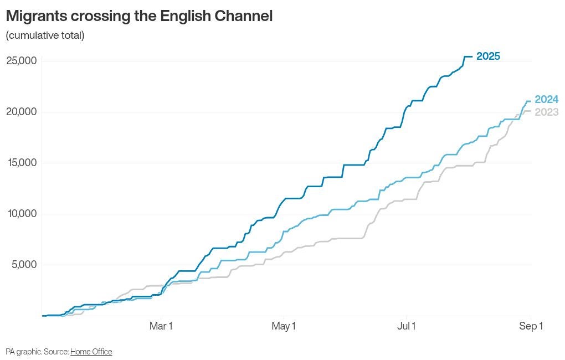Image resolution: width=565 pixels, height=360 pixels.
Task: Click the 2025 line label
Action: [488, 56]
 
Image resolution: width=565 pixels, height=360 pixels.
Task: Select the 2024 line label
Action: [546, 100]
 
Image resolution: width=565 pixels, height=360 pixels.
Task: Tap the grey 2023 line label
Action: [546, 112]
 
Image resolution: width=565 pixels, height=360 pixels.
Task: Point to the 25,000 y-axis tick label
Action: [22, 60]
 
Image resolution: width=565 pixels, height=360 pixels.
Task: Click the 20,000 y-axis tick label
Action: [22, 112]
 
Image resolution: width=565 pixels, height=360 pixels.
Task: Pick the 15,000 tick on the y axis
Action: [22, 162]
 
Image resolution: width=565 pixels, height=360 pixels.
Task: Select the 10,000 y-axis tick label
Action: [22, 214]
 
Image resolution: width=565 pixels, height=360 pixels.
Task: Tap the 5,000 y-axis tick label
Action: [24, 265]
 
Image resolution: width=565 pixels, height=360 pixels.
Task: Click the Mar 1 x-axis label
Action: [161, 326]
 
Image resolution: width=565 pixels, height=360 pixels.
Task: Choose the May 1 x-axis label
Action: [284, 326]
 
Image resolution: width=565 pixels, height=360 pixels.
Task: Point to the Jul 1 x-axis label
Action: [407, 326]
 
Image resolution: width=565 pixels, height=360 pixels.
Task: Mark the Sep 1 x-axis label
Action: [531, 326]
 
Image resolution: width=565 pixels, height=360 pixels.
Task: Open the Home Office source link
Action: [91, 352]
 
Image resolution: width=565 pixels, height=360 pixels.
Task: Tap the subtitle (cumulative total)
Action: [45, 35]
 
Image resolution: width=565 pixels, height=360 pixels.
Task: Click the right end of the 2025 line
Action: [472, 56]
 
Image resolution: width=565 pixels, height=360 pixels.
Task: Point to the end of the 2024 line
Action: [531, 101]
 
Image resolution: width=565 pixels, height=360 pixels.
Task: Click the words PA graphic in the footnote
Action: [24, 352]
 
